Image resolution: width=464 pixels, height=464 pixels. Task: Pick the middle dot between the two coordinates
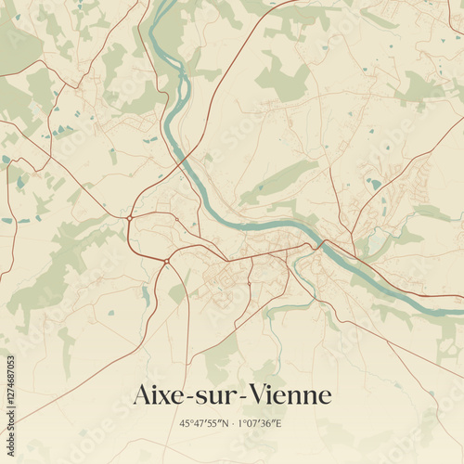[x=232, y=423]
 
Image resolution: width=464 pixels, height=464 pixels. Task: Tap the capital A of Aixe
[x=142, y=395]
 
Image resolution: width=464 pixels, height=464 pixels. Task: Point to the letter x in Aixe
[x=165, y=397]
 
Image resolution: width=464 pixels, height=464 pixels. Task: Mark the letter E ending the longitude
[x=279, y=423]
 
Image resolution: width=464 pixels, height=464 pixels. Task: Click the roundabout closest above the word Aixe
[x=166, y=262]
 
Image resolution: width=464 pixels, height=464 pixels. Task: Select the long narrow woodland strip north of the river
[x=278, y=181]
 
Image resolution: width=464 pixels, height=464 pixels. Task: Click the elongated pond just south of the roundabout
[x=146, y=295]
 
